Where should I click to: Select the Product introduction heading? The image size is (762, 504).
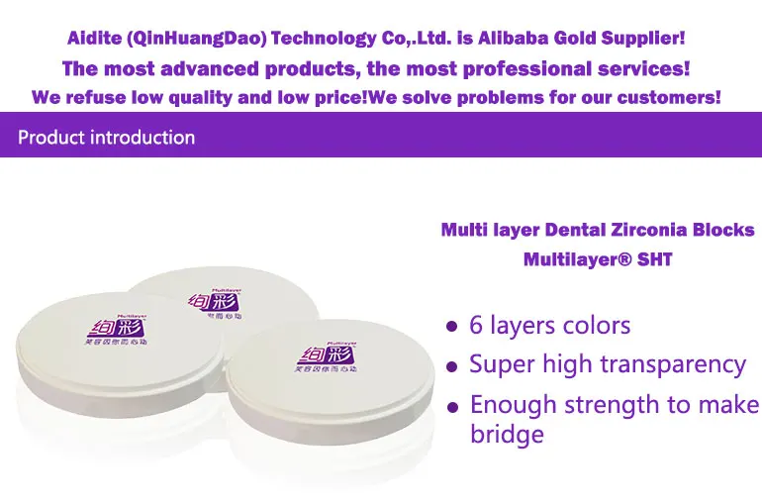coord(107,138)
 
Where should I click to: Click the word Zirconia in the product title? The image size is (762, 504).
coord(654,230)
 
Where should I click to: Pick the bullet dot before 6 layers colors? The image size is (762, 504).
coord(452,326)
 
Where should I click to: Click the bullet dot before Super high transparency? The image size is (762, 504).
coord(452,365)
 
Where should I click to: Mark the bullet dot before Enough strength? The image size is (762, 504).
coord(452,406)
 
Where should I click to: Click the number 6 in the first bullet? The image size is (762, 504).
coord(477,325)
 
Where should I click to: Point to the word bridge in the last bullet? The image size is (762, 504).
coord(507,434)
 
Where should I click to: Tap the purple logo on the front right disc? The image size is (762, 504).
coord(323,353)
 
